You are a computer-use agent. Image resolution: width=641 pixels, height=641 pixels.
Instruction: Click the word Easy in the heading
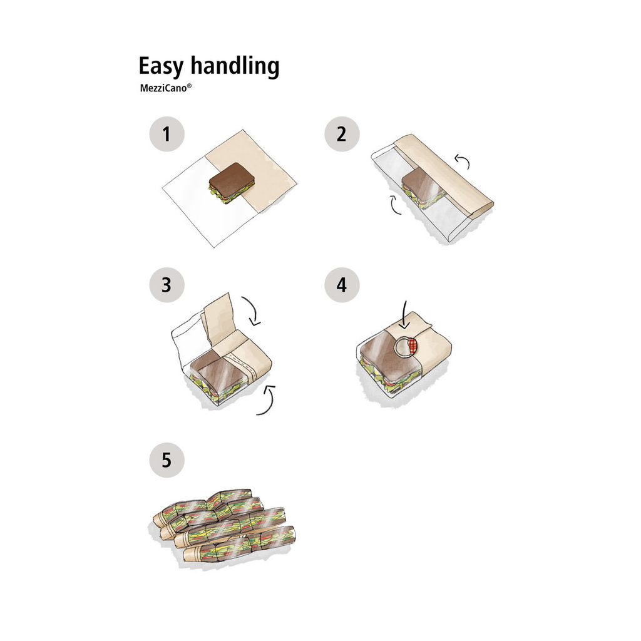tap(161, 66)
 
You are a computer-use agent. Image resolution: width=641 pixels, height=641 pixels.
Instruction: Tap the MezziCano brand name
tap(163, 88)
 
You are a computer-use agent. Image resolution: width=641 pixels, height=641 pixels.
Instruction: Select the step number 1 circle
tap(167, 134)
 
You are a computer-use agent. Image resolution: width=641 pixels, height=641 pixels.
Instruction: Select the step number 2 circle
tap(342, 134)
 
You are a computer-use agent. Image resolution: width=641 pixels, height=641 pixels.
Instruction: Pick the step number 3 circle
tap(167, 285)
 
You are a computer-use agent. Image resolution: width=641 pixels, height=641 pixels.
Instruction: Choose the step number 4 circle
tap(342, 285)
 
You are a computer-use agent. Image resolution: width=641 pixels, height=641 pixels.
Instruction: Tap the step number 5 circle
tap(167, 460)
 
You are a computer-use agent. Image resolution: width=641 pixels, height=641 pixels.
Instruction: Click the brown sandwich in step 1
tap(232, 182)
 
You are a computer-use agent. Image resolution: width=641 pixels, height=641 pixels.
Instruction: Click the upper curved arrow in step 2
tap(463, 161)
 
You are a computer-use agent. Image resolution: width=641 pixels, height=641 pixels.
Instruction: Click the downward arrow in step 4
tap(405, 315)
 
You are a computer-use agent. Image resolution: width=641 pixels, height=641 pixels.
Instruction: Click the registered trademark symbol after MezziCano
tap(189, 86)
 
